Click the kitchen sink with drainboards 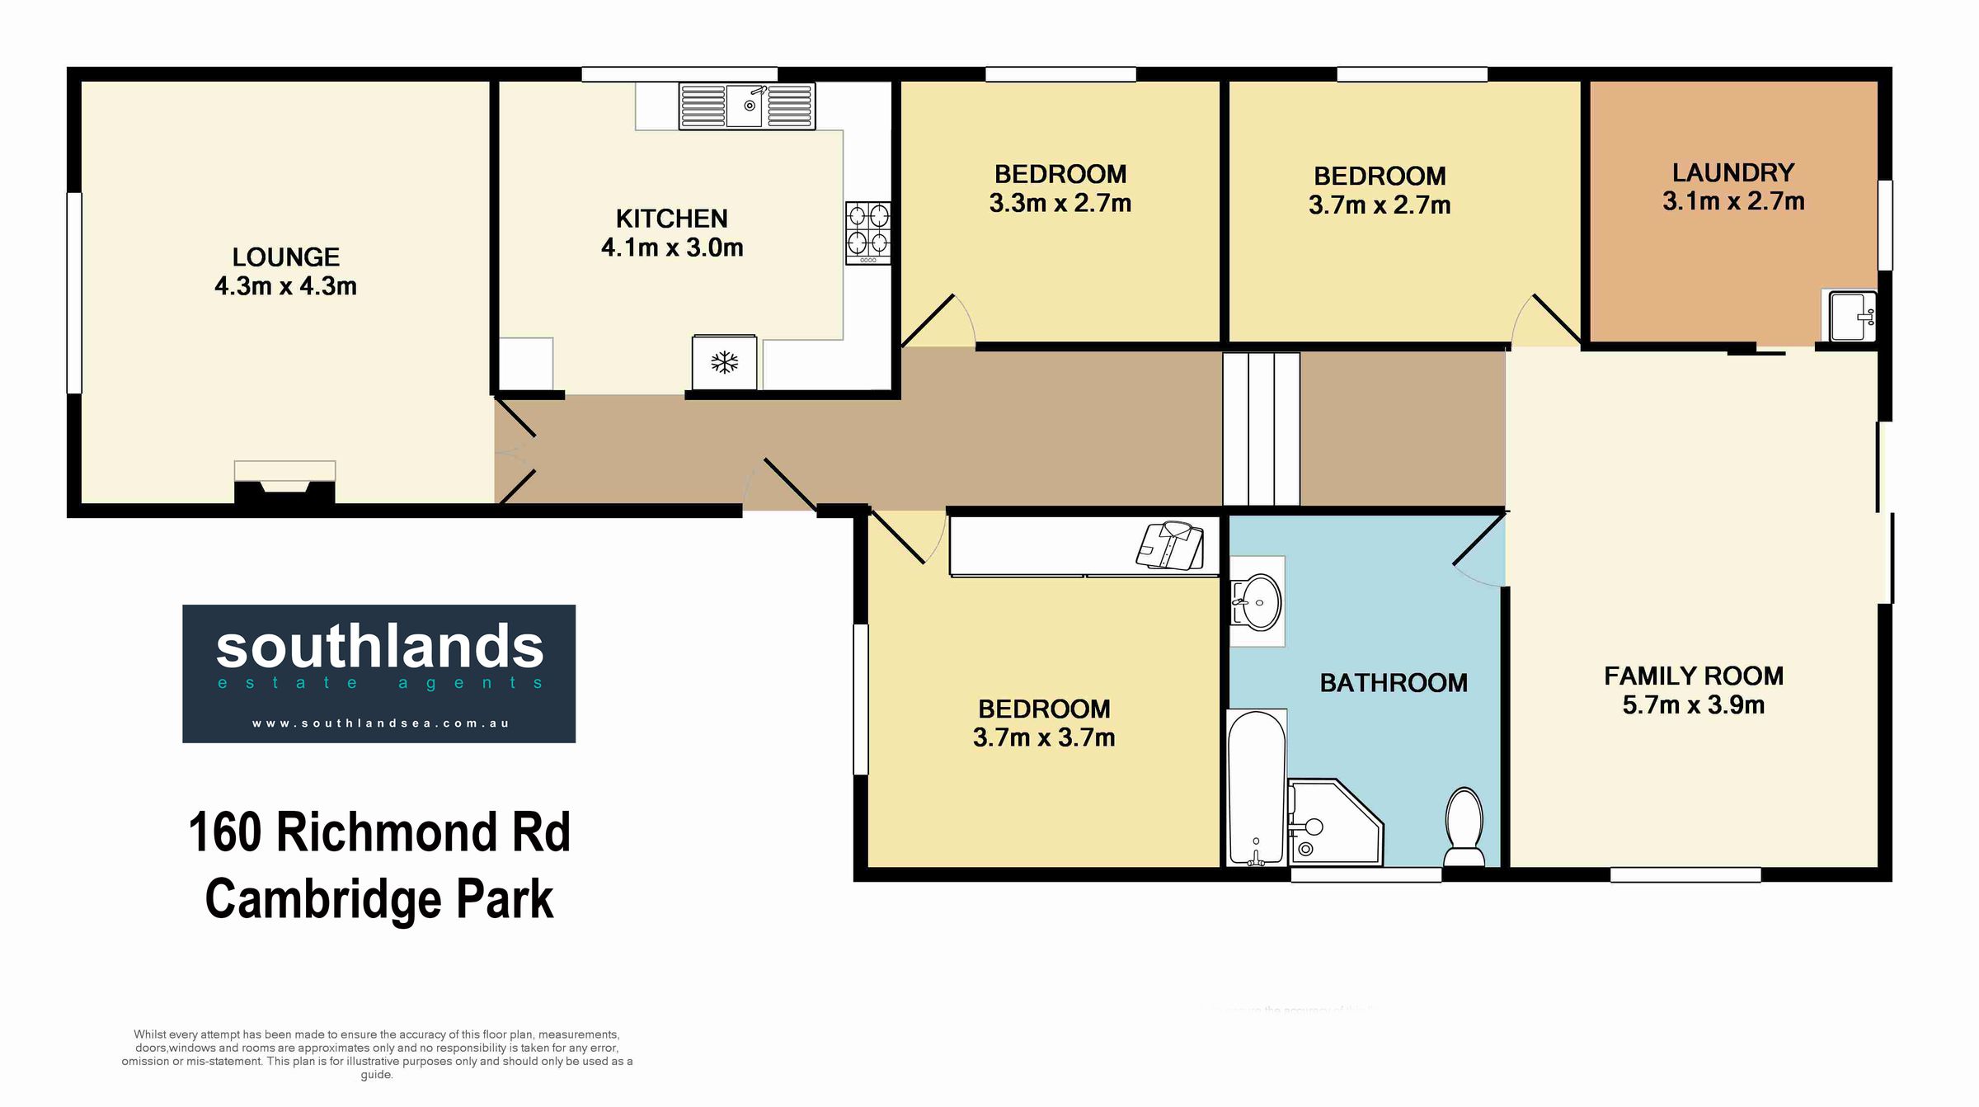pyautogui.click(x=747, y=106)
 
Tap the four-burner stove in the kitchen pyautogui.click(x=868, y=233)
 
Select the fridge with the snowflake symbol pyautogui.click(x=724, y=362)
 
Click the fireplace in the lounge pyautogui.click(x=285, y=482)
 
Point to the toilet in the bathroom pyautogui.click(x=1464, y=827)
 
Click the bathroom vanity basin pyautogui.click(x=1257, y=601)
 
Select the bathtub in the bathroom pyautogui.click(x=1257, y=788)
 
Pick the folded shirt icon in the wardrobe pyautogui.click(x=1169, y=545)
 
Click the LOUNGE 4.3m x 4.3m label pyautogui.click(x=285, y=271)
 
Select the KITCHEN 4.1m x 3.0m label pyautogui.click(x=672, y=233)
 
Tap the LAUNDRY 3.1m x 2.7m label pyautogui.click(x=1733, y=186)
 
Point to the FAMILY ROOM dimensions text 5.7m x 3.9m pyautogui.click(x=1694, y=705)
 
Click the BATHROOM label pyautogui.click(x=1394, y=683)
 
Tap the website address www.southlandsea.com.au pyautogui.click(x=380, y=723)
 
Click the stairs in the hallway pyautogui.click(x=1262, y=429)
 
